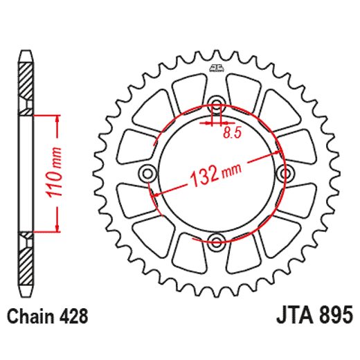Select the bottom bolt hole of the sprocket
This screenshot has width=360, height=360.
point(217,242)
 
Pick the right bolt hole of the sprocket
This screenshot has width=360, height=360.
point(285,173)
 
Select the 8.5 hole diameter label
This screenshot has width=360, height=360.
point(232,135)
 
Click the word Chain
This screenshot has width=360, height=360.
point(32,316)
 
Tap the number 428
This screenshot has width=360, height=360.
point(74,316)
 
